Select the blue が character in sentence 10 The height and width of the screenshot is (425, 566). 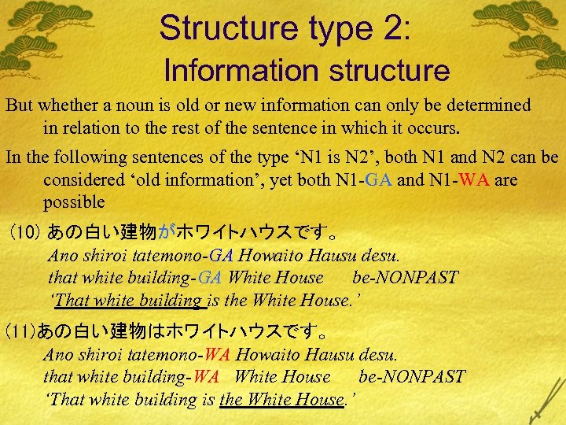coord(167,233)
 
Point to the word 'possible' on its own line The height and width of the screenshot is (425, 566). coord(74,201)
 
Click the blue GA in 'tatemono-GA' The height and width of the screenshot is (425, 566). coord(222,256)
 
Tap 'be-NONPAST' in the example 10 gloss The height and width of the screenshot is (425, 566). coord(405,278)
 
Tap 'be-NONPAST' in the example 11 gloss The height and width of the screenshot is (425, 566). coord(411,377)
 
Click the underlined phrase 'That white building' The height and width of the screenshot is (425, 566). coord(129,300)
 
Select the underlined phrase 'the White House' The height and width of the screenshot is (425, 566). coord(282,399)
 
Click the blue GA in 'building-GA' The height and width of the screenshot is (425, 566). coord(210,278)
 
